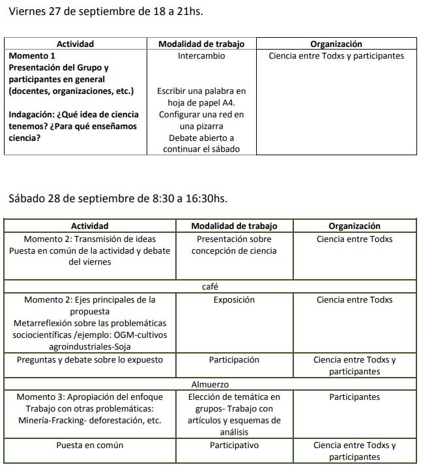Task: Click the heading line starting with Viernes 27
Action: (110, 11)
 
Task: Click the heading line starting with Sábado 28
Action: (118, 198)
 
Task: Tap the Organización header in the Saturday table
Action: (354, 226)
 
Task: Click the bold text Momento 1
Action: (32, 55)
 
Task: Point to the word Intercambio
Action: (201, 55)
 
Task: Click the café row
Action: (210, 286)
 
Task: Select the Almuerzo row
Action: (210, 385)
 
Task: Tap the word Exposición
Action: (234, 299)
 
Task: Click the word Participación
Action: (234, 359)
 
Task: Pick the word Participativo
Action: (234, 445)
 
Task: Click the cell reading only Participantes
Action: (354, 397)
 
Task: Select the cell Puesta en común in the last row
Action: (90, 445)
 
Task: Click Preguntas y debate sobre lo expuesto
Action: (90, 359)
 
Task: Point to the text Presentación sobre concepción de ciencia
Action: (234, 245)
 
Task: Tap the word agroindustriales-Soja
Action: (90, 346)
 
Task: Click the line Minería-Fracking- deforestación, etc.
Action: (90, 420)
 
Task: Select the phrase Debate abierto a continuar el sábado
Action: (201, 143)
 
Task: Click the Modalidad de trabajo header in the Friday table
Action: (201, 44)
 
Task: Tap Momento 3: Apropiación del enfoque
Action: (90, 397)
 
